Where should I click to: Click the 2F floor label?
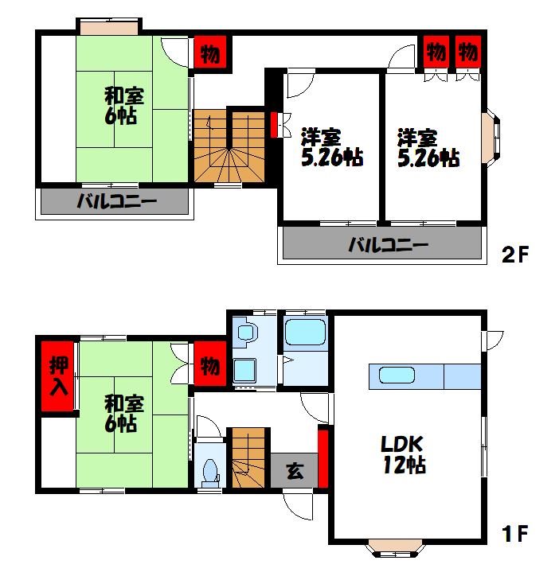(x=515, y=255)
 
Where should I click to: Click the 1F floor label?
(x=515, y=533)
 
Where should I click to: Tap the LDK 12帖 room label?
(x=404, y=454)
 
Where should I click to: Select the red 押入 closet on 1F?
(x=57, y=376)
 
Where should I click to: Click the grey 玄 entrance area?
(x=294, y=470)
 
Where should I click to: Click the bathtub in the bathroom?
(x=305, y=332)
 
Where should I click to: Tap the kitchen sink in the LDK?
(x=397, y=376)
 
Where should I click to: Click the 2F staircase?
(x=229, y=146)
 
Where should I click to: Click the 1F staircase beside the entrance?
(x=248, y=458)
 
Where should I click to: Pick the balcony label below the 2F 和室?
(x=116, y=201)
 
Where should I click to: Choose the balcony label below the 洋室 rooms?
(x=389, y=245)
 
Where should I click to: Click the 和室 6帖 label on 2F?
(x=123, y=106)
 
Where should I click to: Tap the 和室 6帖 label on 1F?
(x=123, y=413)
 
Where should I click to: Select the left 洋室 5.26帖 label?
(x=332, y=147)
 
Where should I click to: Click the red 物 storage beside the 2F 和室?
(x=210, y=54)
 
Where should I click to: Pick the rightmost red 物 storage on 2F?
(x=468, y=52)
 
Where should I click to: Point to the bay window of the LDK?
(x=395, y=547)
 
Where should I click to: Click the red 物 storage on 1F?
(x=210, y=364)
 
